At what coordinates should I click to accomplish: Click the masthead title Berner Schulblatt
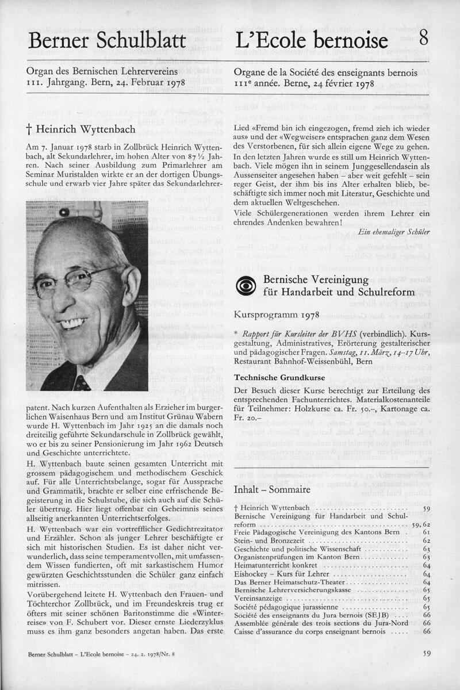107,41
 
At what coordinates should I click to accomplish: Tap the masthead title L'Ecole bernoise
311,41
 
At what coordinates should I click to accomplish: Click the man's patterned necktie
81,382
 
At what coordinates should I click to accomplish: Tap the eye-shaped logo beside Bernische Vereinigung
246,285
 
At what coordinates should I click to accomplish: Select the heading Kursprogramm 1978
275,316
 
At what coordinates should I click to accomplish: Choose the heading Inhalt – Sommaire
272,490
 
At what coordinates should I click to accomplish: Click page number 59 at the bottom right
426,653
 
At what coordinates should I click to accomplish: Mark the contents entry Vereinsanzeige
256,599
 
